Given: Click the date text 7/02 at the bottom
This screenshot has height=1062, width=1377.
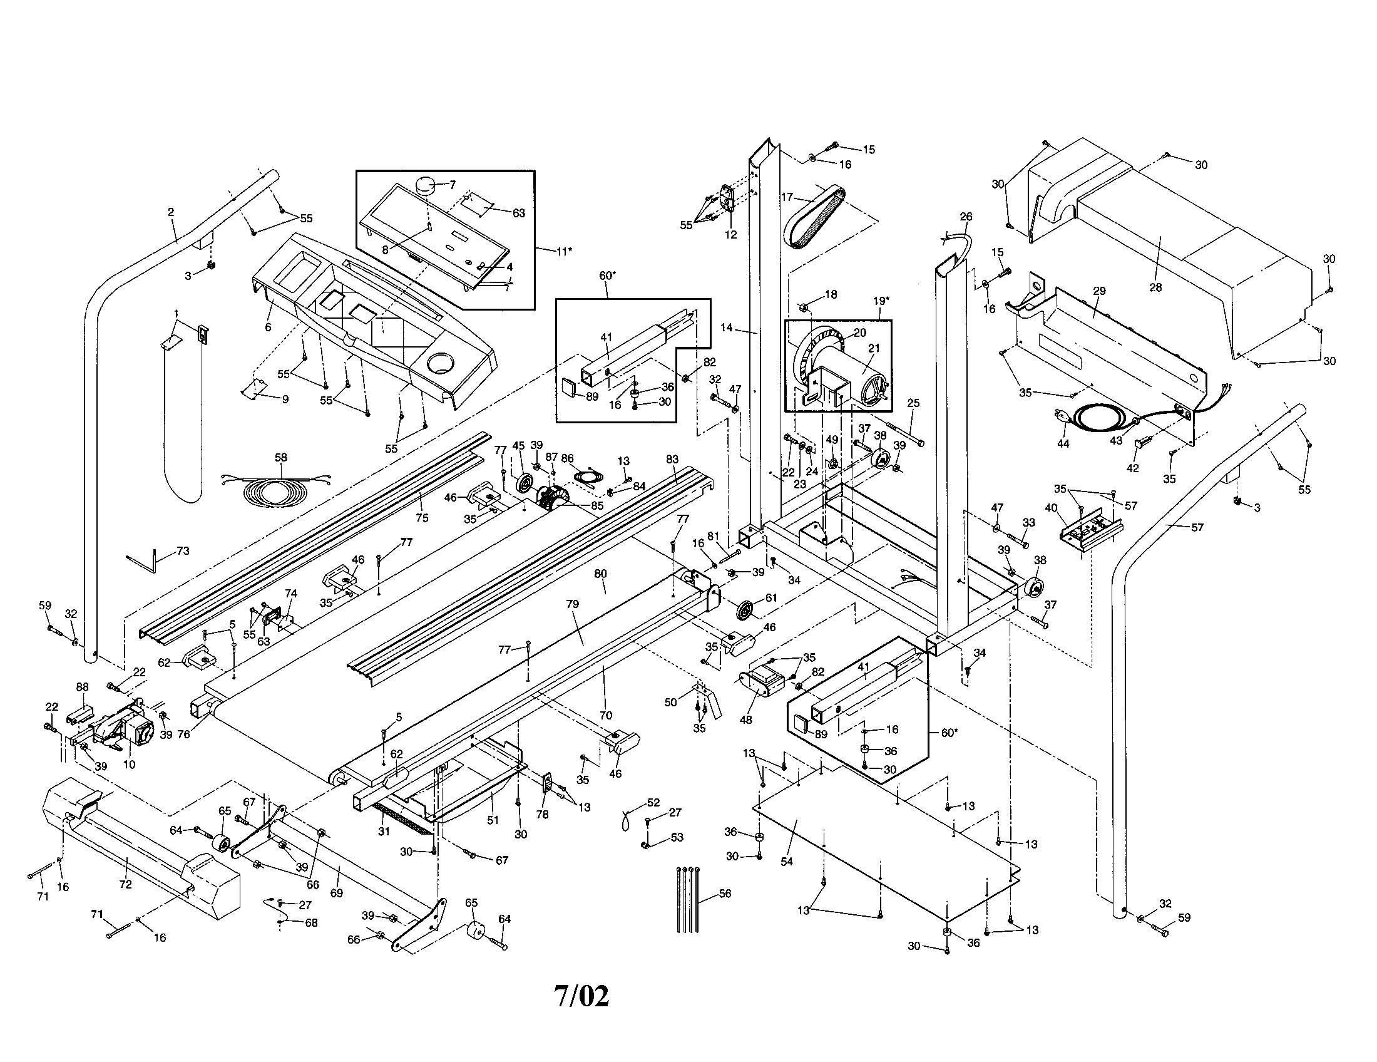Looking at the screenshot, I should point(581,996).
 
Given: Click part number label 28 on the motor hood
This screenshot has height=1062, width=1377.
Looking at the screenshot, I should point(1155,287).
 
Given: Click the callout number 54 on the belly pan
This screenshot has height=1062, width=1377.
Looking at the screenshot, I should point(786,862).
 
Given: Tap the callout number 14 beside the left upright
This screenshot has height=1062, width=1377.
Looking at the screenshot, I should point(727,327).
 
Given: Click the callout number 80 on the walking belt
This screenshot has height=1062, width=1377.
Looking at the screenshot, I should point(600,574).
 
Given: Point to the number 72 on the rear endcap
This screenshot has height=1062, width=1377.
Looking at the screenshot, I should point(125,884).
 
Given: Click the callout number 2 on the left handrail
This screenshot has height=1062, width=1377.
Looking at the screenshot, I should point(171,212).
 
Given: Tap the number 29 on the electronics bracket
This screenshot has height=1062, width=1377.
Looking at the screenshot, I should point(1099,291).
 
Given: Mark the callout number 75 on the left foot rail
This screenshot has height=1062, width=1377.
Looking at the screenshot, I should point(422,518).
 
